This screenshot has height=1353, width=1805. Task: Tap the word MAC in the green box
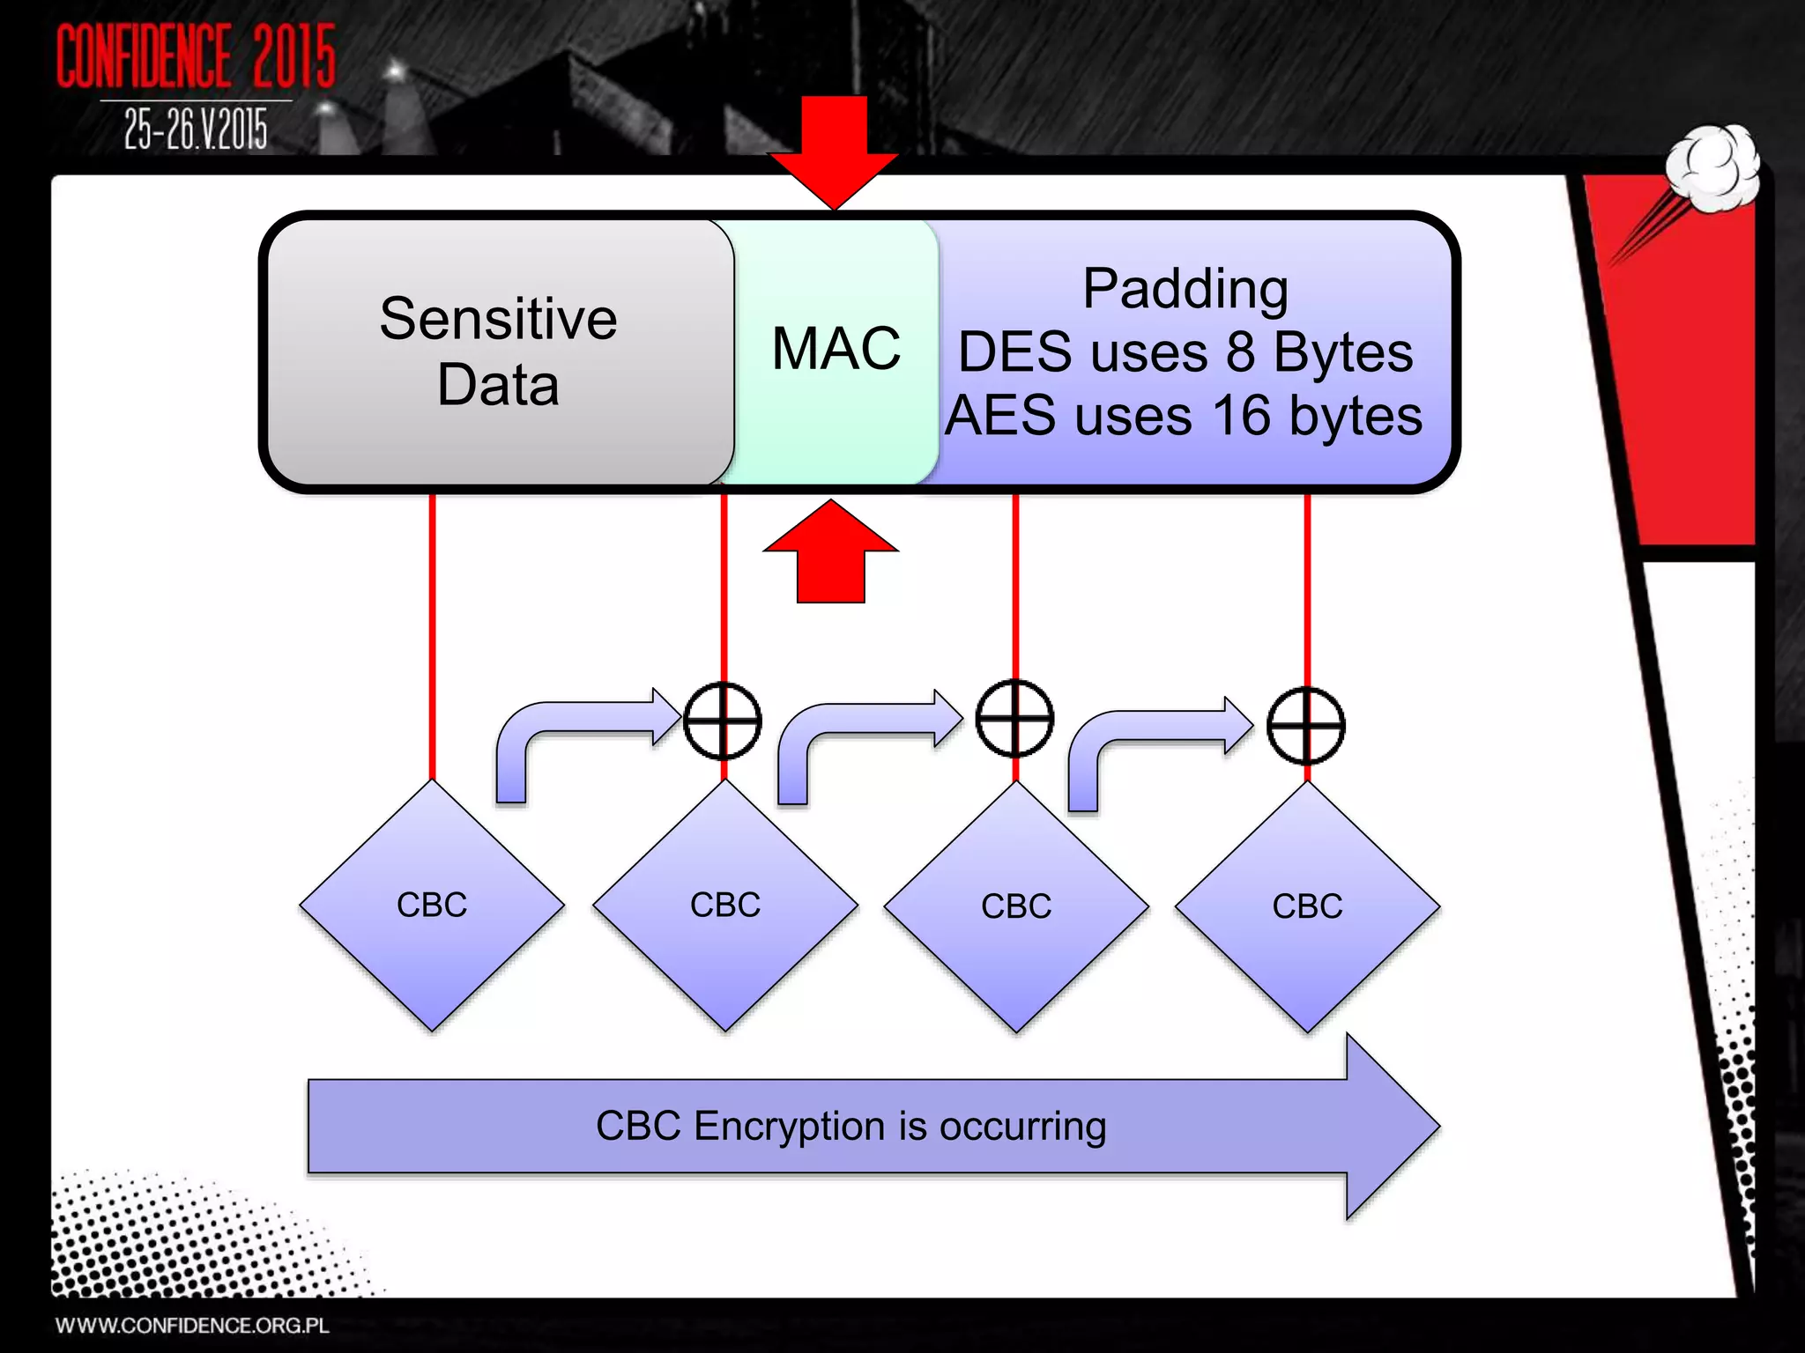coord(836,348)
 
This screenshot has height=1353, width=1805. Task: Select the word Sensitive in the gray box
coord(498,319)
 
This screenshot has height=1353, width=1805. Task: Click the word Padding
coord(1185,289)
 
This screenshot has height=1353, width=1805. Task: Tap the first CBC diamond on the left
coord(432,906)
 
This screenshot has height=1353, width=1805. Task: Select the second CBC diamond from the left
coord(724,906)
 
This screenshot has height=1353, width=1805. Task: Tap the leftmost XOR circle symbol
coord(723,721)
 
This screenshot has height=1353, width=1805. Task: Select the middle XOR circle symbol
coord(1014,719)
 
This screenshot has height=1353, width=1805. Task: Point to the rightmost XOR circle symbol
coord(1305,726)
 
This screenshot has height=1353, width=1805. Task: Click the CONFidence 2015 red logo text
coord(196,56)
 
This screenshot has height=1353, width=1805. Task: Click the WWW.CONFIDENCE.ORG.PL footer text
coord(192,1326)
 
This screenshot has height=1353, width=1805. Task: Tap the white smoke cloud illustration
coord(1713,167)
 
